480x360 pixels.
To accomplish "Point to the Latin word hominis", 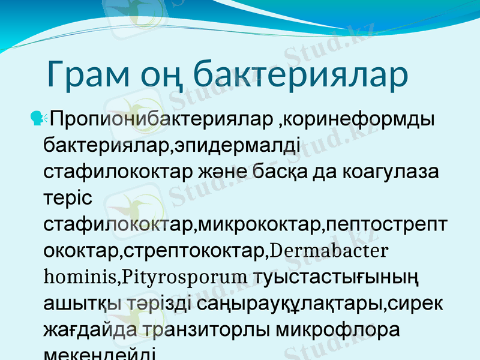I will tap(79, 277).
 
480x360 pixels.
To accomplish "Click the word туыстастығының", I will tap(336, 277).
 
